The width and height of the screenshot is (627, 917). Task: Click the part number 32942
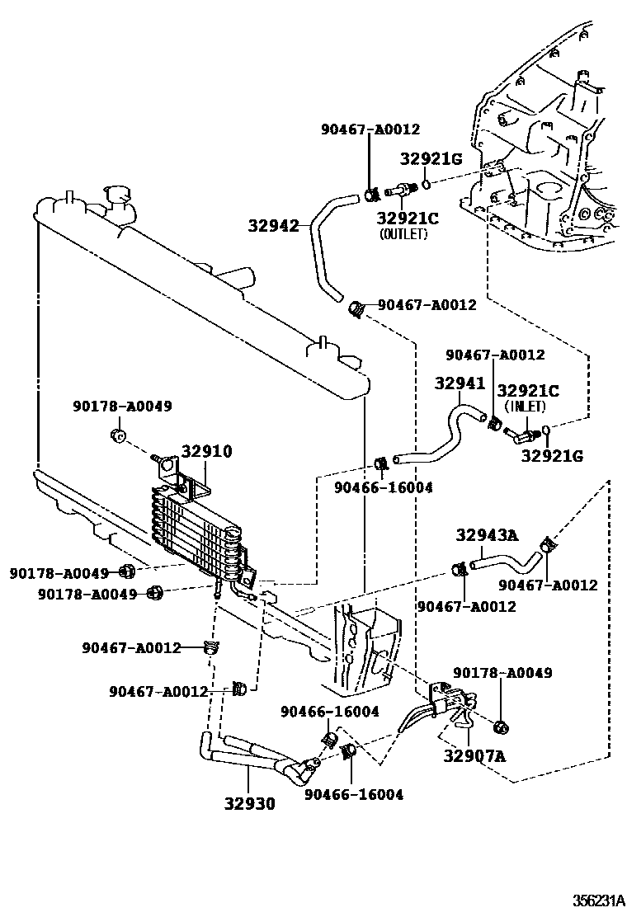click(274, 225)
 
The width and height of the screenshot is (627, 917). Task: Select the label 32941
click(460, 383)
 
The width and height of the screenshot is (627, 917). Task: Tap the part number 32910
click(206, 451)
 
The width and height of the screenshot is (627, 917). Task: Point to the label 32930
click(250, 803)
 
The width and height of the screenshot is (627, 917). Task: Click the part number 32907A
click(474, 755)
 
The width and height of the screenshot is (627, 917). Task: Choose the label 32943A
click(488, 534)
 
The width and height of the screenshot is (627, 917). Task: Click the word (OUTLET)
click(403, 234)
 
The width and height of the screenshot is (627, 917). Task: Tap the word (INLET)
click(525, 406)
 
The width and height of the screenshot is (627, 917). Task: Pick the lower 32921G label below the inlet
click(552, 455)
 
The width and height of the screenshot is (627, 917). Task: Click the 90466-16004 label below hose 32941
click(384, 487)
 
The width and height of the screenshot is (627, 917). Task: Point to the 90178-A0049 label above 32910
click(123, 406)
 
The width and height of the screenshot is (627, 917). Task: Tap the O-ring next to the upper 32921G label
click(427, 185)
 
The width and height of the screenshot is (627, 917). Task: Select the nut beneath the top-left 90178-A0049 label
click(118, 435)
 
